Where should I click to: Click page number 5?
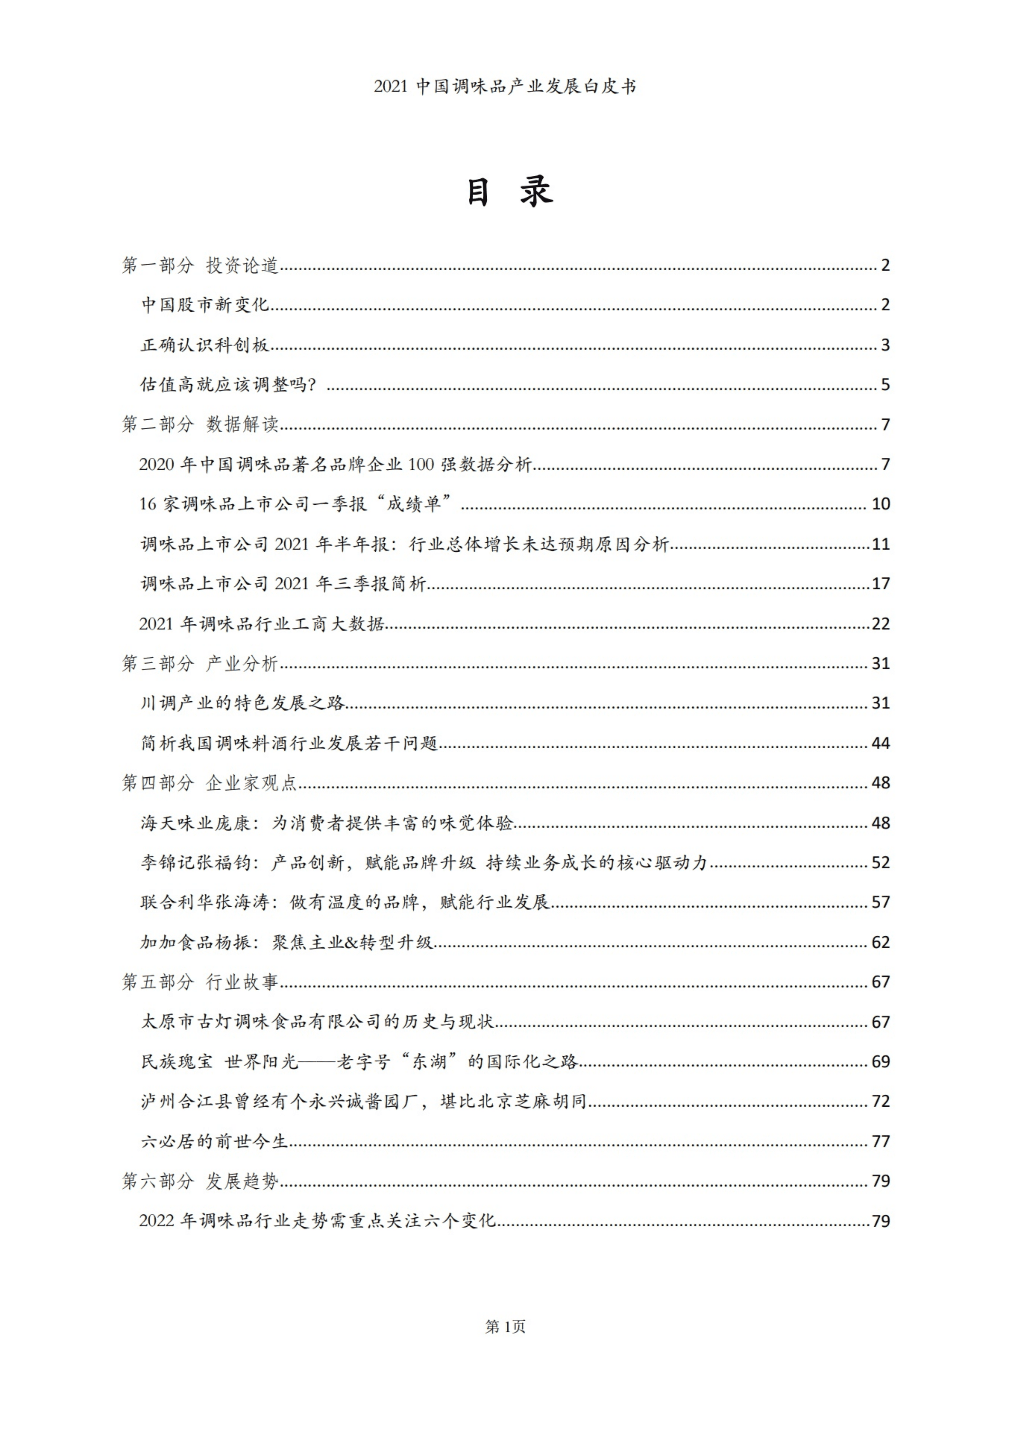885,385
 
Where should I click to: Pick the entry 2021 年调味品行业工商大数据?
262,624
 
